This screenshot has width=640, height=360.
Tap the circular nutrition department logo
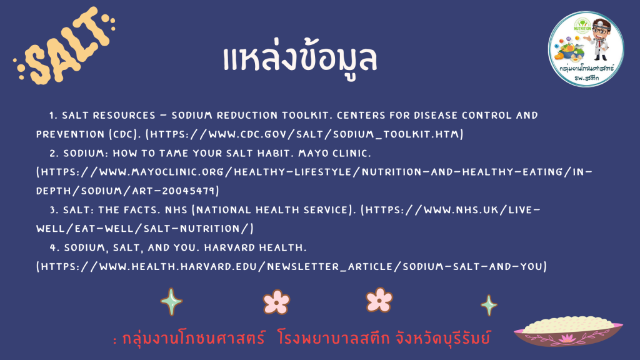586,49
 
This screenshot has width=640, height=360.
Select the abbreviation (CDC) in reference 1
124,134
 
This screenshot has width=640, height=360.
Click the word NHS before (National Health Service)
176,210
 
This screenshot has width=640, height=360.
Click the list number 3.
53,210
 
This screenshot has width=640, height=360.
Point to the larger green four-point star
171,302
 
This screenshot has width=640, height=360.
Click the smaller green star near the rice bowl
489,305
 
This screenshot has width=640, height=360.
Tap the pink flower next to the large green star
276,302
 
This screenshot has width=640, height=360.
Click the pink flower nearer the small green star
379,300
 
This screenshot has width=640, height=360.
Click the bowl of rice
568,331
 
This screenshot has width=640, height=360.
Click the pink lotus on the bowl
567,338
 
